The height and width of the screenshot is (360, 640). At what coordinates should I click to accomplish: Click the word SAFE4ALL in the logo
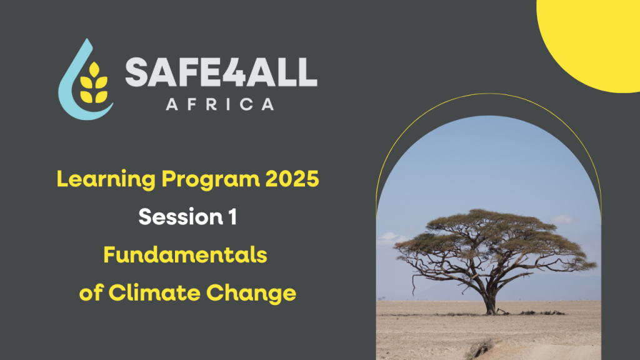coord(221,72)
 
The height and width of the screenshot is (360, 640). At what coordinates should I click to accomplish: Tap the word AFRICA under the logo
coord(220,104)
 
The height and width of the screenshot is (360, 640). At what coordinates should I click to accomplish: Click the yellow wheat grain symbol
coord(94,83)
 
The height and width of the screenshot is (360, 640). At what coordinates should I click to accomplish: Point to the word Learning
coord(106,179)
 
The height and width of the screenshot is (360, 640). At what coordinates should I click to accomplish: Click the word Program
coord(211,179)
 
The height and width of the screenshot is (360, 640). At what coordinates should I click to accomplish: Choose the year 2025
coord(292,179)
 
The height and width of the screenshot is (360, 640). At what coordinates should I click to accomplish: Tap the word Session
coord(181,217)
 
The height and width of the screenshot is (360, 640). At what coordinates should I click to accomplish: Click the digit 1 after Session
coord(232,217)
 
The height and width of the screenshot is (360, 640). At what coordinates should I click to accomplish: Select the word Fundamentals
coord(185,255)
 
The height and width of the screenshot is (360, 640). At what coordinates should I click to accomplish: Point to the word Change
coord(251,294)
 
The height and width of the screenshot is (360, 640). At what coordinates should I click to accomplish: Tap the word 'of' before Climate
coord(91,293)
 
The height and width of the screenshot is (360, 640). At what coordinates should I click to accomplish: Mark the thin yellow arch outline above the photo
coord(488,94)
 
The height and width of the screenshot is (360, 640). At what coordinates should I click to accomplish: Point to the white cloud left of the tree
coord(392,238)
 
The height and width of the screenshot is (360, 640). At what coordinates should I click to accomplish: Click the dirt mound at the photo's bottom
coord(482,349)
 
